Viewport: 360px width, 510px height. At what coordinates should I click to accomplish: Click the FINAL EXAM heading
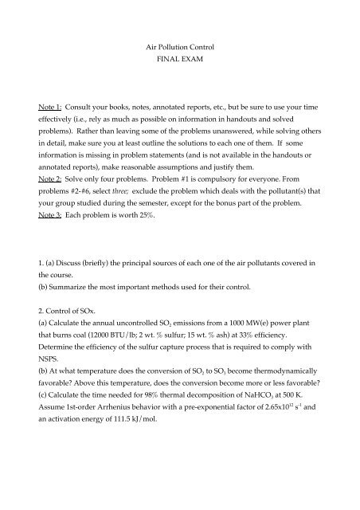coord(179,63)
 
